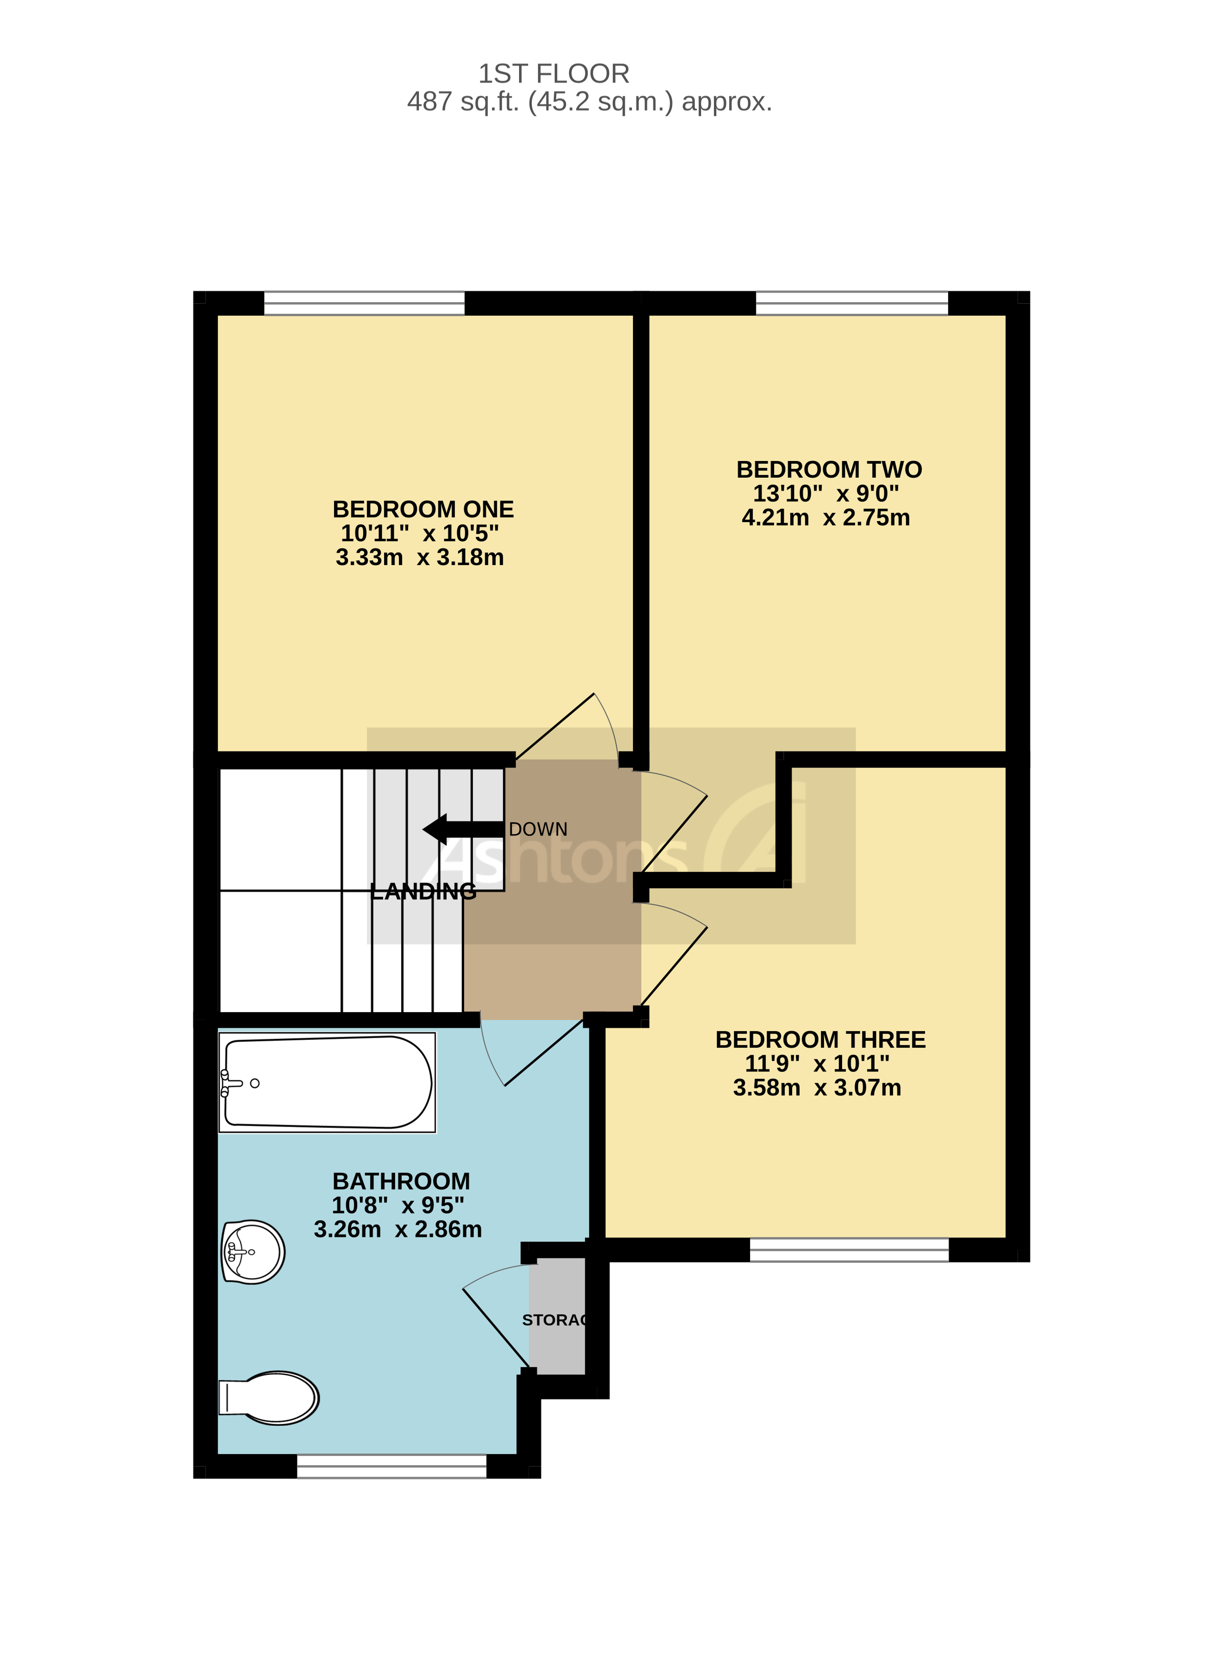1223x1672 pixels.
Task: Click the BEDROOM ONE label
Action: point(423,510)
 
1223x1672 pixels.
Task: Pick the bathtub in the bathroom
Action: point(327,1083)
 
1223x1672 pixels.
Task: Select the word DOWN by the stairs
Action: point(538,830)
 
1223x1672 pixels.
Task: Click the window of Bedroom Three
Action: point(849,1250)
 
